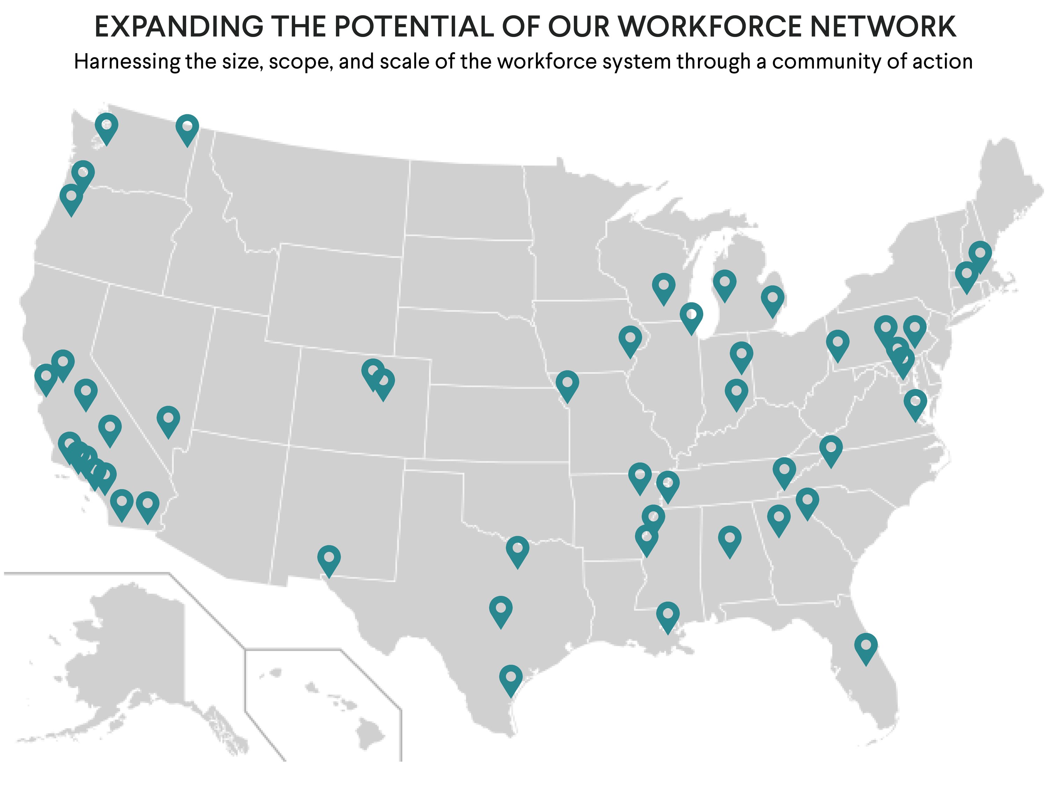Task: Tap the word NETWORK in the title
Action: (883, 27)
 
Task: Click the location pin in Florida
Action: (866, 646)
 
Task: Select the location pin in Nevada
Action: (168, 419)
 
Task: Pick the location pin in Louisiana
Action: (668, 615)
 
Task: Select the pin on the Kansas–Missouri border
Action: (567, 384)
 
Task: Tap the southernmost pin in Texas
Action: (511, 678)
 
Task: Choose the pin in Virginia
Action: (915, 403)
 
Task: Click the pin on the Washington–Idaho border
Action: (187, 127)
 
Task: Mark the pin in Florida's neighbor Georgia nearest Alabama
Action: (778, 518)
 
